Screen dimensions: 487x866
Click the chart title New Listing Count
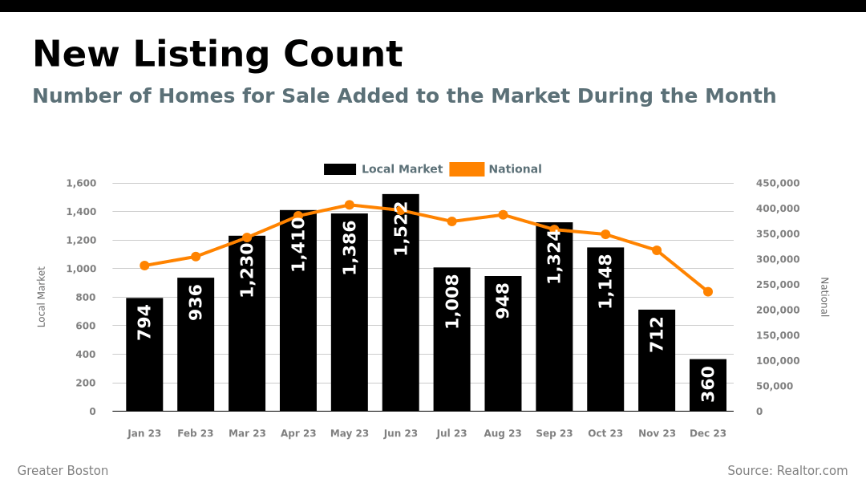tap(217, 55)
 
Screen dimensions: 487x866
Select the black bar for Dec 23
tap(708, 385)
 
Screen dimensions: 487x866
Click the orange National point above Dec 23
tap(708, 292)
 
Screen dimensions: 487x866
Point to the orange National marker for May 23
tap(350, 205)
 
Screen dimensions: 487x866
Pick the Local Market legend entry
tap(383, 169)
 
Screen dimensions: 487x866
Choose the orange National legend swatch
tap(467, 169)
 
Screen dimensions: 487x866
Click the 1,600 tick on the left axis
tap(81, 184)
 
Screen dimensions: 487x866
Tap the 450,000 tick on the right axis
tap(778, 184)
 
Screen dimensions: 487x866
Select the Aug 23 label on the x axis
tap(503, 433)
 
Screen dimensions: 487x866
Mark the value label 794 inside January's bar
tap(144, 322)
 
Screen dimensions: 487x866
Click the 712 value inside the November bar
tap(657, 334)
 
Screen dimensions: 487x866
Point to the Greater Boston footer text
tap(63, 471)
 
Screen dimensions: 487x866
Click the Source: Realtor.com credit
tap(787, 471)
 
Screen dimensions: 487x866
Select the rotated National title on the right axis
tap(824, 297)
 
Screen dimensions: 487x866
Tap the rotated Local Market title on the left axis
tap(42, 297)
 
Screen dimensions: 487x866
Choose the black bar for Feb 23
tap(196, 345)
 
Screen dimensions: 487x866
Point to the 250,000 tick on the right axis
tap(778, 285)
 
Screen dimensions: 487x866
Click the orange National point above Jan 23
tap(144, 266)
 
